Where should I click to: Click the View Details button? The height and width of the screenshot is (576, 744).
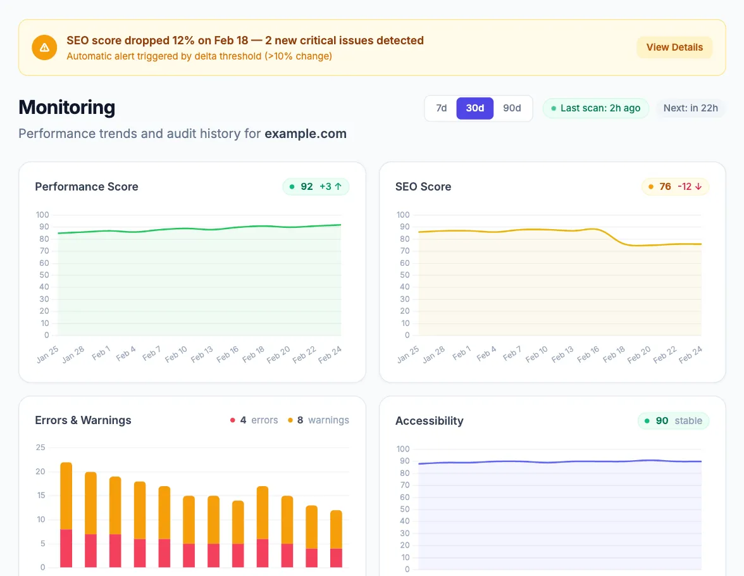674,47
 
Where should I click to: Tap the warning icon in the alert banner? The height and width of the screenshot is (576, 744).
44,47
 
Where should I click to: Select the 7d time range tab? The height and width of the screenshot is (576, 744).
441,108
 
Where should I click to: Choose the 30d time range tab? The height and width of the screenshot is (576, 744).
474,108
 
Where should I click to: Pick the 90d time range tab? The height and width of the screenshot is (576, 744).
512,108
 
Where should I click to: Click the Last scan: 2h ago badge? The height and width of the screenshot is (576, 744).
595,108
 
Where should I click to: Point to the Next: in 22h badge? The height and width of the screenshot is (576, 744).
690,108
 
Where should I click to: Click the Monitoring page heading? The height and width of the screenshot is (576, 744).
66,108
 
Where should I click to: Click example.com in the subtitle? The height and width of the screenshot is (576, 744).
305,134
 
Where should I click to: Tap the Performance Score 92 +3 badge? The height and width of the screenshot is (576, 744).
316,187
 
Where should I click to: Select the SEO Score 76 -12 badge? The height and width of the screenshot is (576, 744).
675,187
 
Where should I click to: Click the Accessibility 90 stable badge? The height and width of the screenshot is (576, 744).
673,421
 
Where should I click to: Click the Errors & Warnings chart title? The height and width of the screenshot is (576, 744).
83,420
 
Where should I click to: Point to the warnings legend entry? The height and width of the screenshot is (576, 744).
318,420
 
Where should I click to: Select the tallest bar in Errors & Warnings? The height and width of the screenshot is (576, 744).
66,514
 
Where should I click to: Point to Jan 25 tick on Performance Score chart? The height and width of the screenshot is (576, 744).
48,354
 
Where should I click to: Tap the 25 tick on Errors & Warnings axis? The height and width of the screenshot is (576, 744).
40,448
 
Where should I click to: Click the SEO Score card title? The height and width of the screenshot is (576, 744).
423,187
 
